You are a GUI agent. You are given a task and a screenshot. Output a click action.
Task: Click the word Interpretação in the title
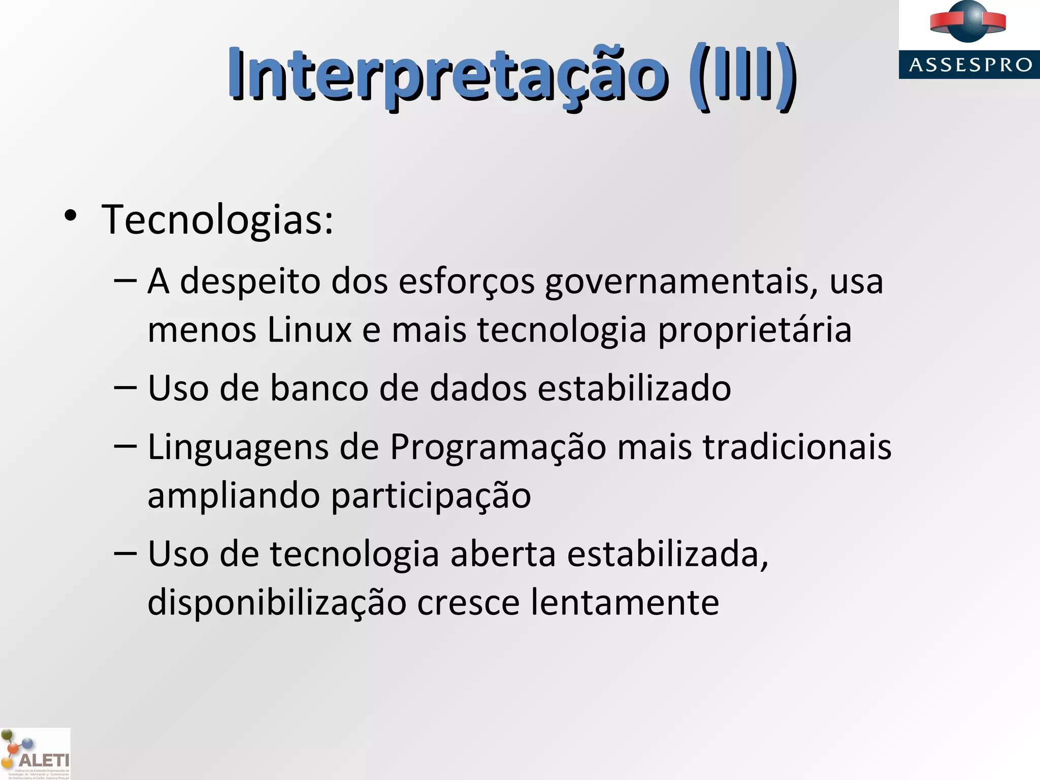click(446, 76)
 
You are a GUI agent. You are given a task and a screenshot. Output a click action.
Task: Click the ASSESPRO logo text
click(970, 65)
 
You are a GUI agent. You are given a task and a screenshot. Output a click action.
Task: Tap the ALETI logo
click(36, 755)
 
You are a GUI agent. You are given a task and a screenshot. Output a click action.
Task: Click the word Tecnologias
click(217, 219)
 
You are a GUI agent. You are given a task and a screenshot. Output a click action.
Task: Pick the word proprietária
click(755, 330)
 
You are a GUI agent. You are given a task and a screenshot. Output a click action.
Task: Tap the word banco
click(319, 388)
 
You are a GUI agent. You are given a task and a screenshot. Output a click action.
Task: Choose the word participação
click(431, 496)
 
